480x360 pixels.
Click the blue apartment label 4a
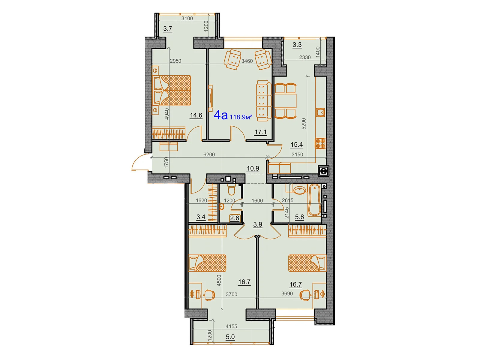pos(220,115)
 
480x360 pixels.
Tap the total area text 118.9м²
pos(241,117)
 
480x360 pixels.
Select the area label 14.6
pos(196,115)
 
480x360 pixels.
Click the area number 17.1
pos(260,132)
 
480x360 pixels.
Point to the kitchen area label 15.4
pos(296,145)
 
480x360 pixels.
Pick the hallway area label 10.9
pos(253,168)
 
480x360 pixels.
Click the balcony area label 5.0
pos(230,337)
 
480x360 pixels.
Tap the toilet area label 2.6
pos(234,218)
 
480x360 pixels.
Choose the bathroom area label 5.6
pos(299,217)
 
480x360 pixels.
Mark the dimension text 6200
pos(209,154)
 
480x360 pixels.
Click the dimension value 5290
pos(304,124)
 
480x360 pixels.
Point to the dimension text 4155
pos(231,326)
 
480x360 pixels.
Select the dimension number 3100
pos(187,19)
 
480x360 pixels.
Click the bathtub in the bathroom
pos(314,200)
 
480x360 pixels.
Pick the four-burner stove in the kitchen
pos(320,143)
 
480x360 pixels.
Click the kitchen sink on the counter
pos(320,112)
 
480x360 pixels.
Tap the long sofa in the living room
pos(262,100)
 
